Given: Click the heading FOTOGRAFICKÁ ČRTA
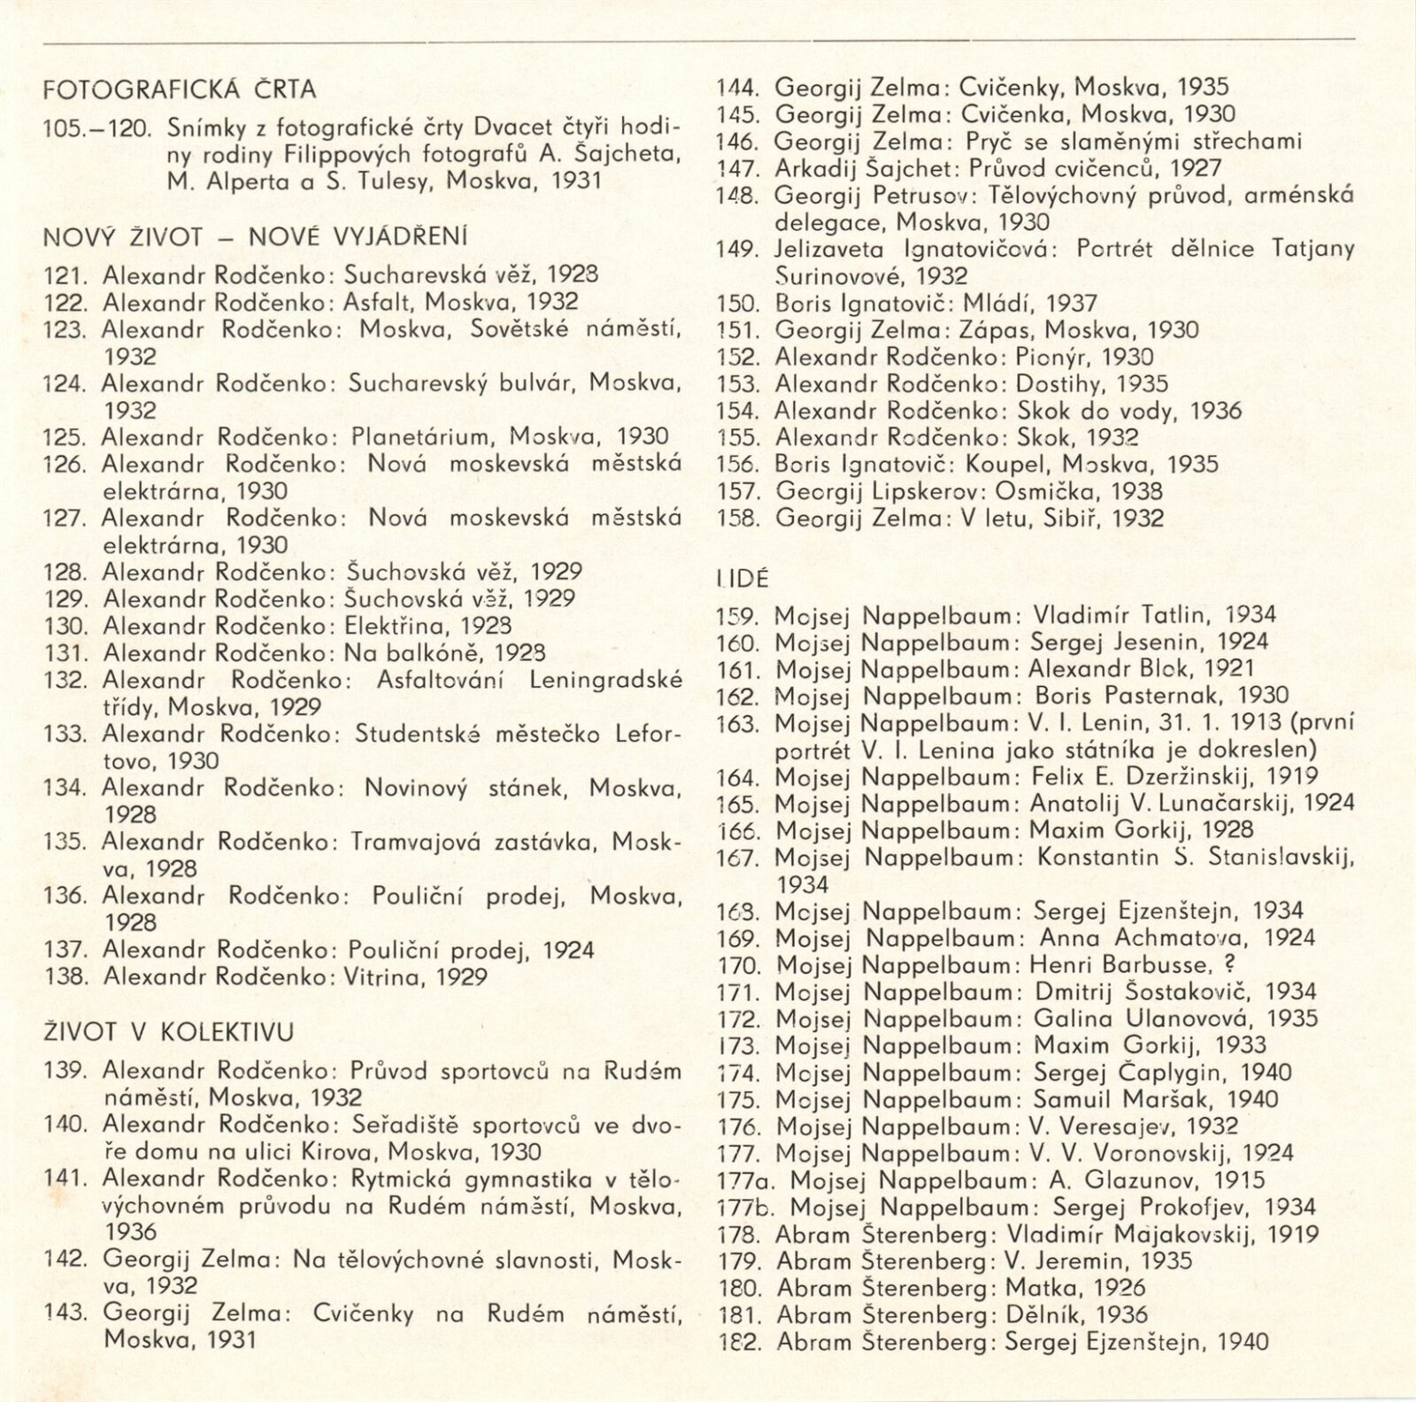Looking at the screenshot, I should [x=180, y=89].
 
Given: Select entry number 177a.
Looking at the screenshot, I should [x=749, y=1181].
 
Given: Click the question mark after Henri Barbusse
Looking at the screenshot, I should [x=1227, y=965].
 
